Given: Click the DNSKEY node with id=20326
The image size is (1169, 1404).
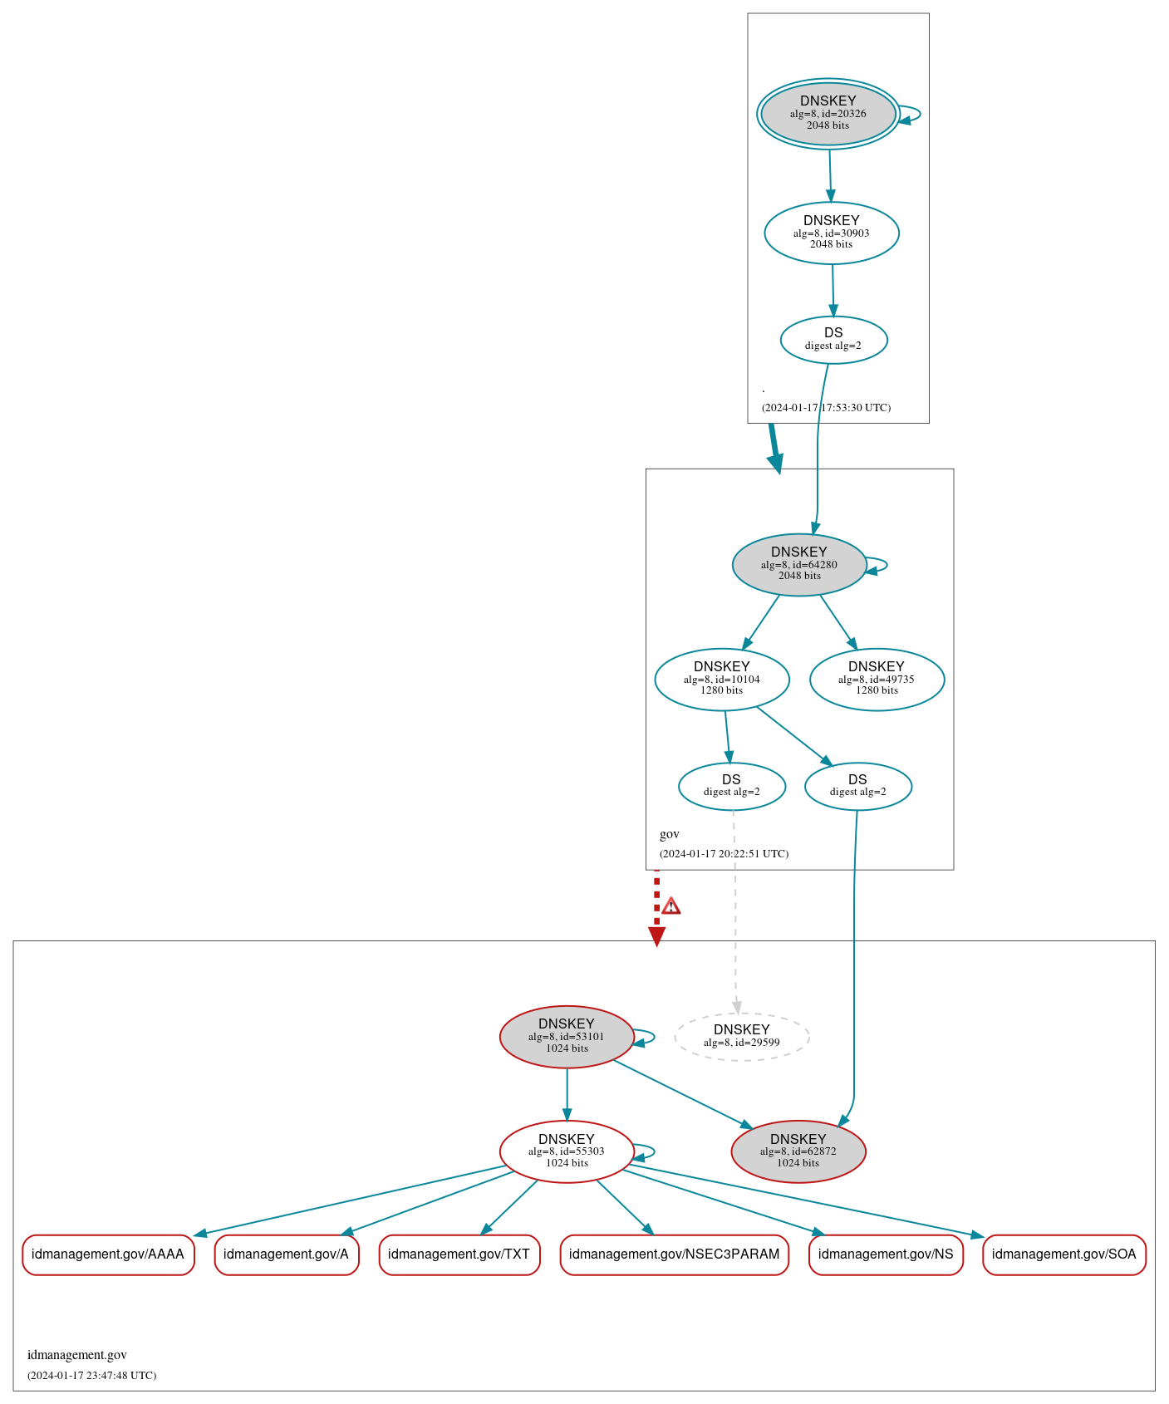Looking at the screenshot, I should click(x=828, y=114).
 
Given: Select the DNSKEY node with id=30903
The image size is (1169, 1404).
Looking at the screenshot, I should click(x=832, y=233).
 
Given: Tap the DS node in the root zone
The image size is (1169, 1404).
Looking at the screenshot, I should click(x=833, y=339).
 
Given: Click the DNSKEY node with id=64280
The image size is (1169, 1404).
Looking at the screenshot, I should click(x=799, y=564).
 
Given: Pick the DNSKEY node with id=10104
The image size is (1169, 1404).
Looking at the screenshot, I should click(x=722, y=679).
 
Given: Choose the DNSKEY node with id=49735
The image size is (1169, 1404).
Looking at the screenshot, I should click(x=877, y=679).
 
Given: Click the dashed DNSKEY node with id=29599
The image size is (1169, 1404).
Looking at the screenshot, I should click(x=742, y=1036).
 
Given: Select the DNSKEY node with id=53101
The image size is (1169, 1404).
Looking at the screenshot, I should click(x=567, y=1036).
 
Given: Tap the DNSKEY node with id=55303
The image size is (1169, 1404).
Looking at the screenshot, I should click(x=567, y=1151).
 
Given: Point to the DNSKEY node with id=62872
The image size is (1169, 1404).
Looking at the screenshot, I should click(x=798, y=1151).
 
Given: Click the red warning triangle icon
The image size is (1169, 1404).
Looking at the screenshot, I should click(x=671, y=906).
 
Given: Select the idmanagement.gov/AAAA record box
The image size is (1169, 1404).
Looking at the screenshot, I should click(x=108, y=1254).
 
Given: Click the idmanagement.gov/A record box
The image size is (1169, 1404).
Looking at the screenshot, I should click(x=287, y=1254).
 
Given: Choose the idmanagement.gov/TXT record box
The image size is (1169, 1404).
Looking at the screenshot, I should click(x=459, y=1254).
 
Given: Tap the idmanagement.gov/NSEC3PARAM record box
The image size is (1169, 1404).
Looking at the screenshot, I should click(x=674, y=1254).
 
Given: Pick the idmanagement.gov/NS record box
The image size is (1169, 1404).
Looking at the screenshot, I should click(x=886, y=1254).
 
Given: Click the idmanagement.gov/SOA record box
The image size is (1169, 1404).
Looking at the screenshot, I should click(x=1063, y=1254).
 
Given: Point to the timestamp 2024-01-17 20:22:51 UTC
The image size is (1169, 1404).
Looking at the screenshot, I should click(x=724, y=853).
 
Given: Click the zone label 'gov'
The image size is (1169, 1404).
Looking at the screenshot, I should click(x=670, y=834).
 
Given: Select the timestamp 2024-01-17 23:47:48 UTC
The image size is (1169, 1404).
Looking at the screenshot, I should click(x=91, y=1375).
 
